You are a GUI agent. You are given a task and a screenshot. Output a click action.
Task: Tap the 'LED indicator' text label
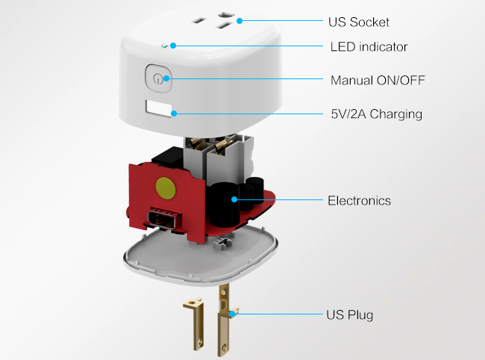tap(369, 46)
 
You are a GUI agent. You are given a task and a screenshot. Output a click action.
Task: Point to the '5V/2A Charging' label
tap(376, 114)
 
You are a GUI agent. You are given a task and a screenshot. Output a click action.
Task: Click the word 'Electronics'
tap(359, 200)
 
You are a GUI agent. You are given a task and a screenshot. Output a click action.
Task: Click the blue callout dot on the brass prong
tap(234, 314)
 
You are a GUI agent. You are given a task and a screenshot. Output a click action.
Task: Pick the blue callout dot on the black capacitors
tap(234, 199)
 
